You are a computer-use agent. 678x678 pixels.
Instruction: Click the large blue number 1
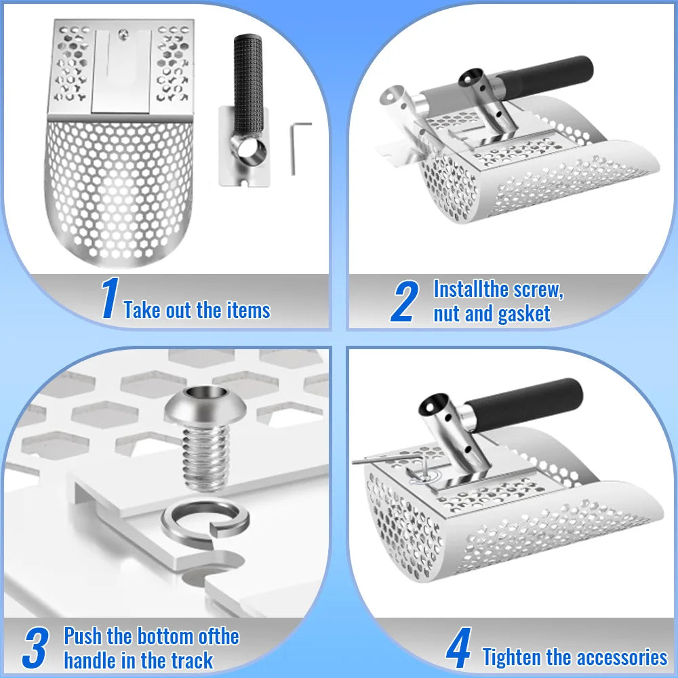coord(110,298)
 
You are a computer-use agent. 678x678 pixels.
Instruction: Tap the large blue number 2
coord(404,301)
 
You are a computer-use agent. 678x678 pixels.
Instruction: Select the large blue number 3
coord(35,647)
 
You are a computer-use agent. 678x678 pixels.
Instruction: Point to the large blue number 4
coord(458,647)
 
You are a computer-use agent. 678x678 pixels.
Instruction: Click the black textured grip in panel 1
coord(247,84)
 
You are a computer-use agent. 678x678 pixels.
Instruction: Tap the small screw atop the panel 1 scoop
coord(124,32)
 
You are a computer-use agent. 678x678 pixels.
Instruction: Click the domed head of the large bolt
coord(205,405)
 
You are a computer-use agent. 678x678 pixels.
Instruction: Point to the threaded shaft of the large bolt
coord(205,458)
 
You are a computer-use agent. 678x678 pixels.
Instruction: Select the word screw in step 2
coord(538,290)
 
